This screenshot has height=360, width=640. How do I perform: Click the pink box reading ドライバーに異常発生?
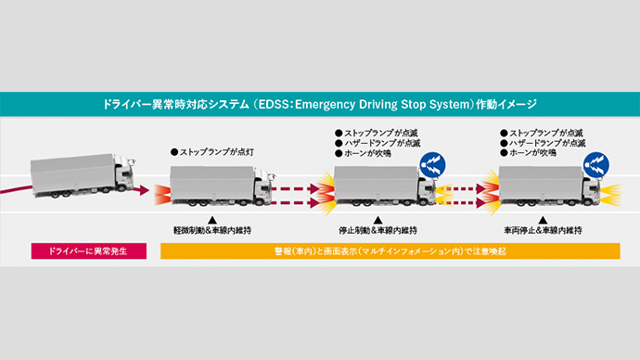[88, 251]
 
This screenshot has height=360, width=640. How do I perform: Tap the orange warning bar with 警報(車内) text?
[390, 251]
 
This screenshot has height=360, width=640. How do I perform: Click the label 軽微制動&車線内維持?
[212, 231]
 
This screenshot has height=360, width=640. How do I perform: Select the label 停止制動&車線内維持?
[378, 231]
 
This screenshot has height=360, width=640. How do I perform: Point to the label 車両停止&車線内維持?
[543, 231]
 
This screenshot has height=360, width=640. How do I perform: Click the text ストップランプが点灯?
[212, 152]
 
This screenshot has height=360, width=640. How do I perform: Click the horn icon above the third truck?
[432, 165]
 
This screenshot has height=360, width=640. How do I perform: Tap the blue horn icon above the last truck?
[596, 165]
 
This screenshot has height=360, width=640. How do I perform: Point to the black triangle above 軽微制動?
[212, 221]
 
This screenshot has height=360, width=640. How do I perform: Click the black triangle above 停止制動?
[378, 221]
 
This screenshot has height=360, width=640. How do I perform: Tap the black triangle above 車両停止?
[543, 221]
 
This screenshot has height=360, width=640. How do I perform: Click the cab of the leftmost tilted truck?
[123, 174]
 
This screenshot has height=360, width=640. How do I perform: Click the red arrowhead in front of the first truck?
[143, 190]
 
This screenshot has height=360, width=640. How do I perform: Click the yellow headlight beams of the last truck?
[611, 195]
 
